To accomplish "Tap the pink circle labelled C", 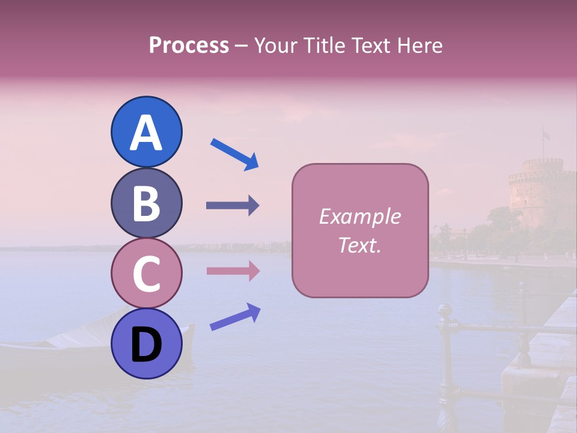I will coord(146,273).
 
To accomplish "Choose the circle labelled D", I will coord(146,344).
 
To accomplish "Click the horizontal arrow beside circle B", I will coord(233,206).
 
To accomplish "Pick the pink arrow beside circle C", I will coord(233,271).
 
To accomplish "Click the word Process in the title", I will coord(189,45).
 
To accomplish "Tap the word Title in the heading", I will coord(325,45).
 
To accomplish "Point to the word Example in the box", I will coord(360,216).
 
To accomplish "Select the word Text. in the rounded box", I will coord(360,245).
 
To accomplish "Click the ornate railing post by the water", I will coord(445,355).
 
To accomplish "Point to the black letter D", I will coord(146,346).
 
